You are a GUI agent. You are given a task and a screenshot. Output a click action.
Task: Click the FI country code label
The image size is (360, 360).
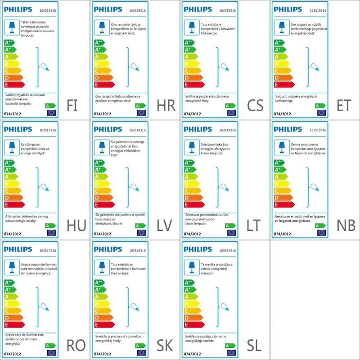pyautogui.click(x=72, y=105)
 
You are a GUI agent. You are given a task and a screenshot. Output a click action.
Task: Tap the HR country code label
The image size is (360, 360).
pyautogui.click(x=166, y=105)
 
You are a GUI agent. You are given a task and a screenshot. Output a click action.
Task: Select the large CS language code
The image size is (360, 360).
pyautogui.click(x=255, y=105)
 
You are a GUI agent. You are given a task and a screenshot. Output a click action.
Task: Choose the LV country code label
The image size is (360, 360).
pyautogui.click(x=165, y=225)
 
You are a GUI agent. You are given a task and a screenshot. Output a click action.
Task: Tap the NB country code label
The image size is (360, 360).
pyautogui.click(x=346, y=225)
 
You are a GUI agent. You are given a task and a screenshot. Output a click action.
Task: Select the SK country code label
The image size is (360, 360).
pyautogui.click(x=165, y=346)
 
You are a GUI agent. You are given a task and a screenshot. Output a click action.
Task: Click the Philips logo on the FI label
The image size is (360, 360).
pyautogui.click(x=18, y=9)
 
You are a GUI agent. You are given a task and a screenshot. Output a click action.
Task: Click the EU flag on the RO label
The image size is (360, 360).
pyautogui.click(x=51, y=353)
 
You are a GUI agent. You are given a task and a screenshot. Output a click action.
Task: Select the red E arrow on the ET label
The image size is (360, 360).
pyautogui.click(x=283, y=85)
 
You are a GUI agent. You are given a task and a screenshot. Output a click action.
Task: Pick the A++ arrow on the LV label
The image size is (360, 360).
pyautogui.click(x=99, y=162)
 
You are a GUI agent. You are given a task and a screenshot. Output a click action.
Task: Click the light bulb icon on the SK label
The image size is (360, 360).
pyautogui.click(x=134, y=307)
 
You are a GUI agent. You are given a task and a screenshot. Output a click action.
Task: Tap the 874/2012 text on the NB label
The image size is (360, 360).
pyautogui.click(x=282, y=234)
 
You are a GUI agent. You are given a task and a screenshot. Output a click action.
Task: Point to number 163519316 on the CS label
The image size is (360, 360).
pyautogui.click(x=228, y=9)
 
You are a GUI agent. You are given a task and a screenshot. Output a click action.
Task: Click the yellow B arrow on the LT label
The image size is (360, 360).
pyautogui.click(x=192, y=184)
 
